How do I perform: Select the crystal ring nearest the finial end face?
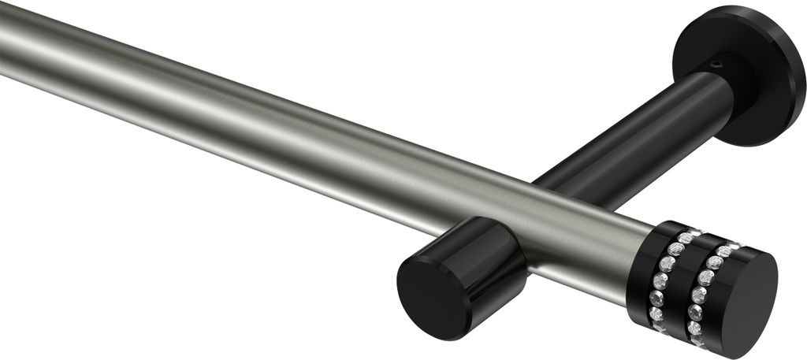[704, 291]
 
